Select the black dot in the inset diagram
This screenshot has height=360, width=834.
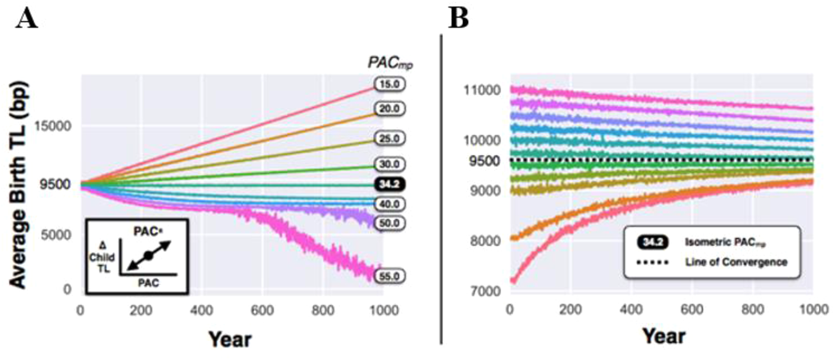[x=148, y=255]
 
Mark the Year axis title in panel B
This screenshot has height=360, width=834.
[x=663, y=336]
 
